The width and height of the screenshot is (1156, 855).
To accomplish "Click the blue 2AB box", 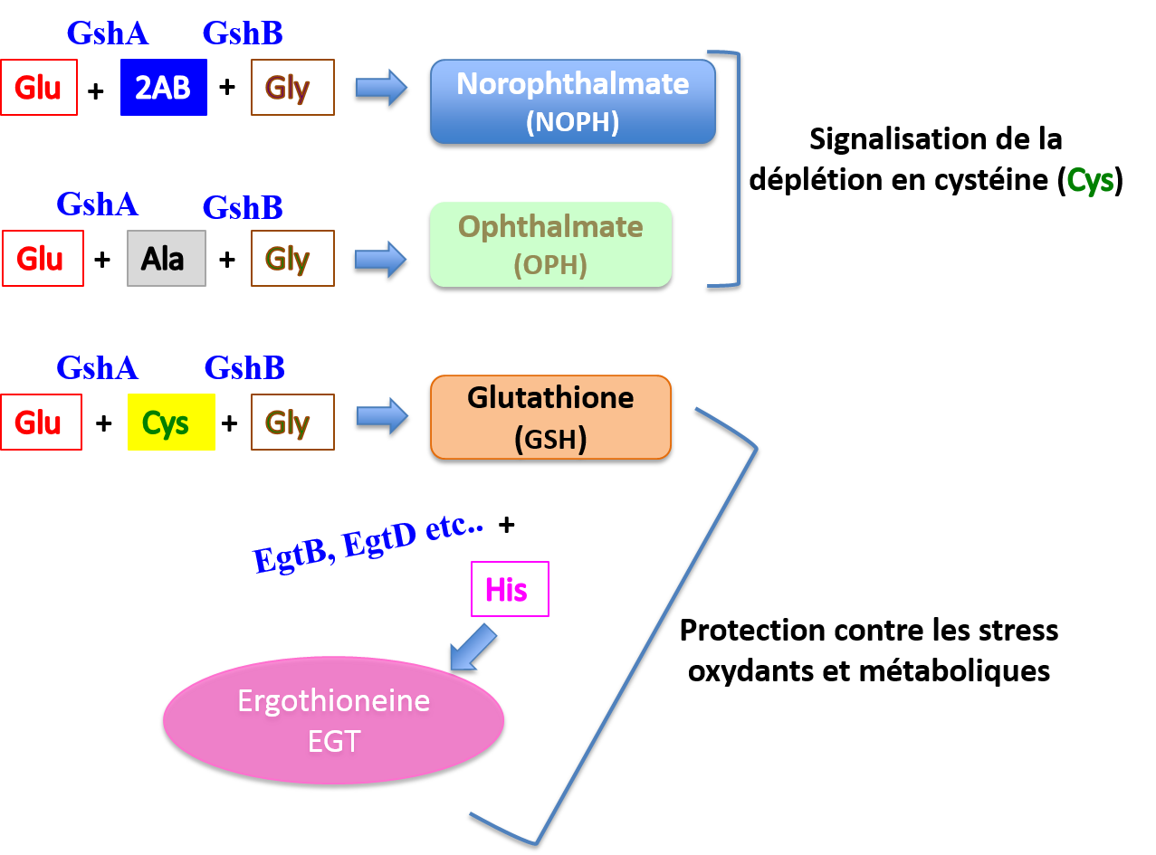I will click(x=164, y=88).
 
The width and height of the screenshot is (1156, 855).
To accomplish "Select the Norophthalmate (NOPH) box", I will click(x=572, y=101).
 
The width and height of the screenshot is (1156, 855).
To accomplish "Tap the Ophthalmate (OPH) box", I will click(x=550, y=244).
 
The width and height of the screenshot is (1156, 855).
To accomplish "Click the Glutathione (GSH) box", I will click(x=550, y=417).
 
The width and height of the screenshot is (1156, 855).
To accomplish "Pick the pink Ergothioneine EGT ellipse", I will click(x=333, y=720).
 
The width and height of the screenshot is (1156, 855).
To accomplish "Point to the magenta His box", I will click(x=510, y=590).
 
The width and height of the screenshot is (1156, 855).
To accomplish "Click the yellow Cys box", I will click(x=171, y=423).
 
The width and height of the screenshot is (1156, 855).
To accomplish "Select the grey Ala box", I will click(x=167, y=259).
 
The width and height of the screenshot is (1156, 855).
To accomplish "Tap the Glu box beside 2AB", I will click(x=39, y=88).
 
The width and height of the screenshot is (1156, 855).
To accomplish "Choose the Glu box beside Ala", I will click(x=43, y=259).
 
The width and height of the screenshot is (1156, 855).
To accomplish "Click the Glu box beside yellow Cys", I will click(x=41, y=423).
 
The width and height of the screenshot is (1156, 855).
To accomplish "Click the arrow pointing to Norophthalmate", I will click(x=381, y=88).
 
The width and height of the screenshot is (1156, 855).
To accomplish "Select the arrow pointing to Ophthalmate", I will click(x=381, y=260).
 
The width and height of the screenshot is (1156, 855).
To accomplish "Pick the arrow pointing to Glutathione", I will click(x=382, y=415).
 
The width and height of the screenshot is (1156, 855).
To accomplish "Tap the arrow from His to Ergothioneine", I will click(x=474, y=646).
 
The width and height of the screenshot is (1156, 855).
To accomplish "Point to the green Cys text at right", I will click(x=1090, y=181).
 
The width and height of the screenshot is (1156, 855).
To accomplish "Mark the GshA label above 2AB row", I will click(x=107, y=33).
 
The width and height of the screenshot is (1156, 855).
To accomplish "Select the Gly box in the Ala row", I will click(x=292, y=259).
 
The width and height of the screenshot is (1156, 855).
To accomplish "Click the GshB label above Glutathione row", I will click(x=244, y=368).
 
